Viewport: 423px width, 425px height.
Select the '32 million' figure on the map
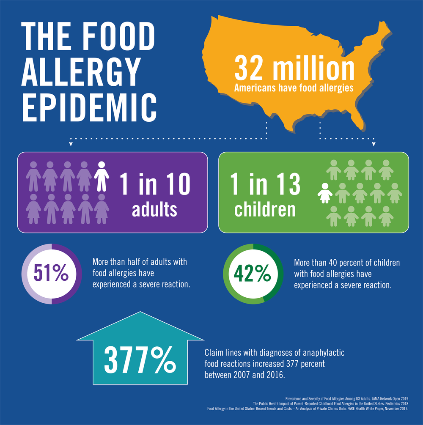pos(294,70)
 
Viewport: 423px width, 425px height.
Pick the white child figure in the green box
pos(325,193)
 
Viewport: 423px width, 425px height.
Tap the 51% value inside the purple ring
pos(51,274)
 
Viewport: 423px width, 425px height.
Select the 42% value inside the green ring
pos(253,274)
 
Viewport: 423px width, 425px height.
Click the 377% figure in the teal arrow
pos(140,360)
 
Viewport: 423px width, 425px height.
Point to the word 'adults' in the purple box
pos(155,209)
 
